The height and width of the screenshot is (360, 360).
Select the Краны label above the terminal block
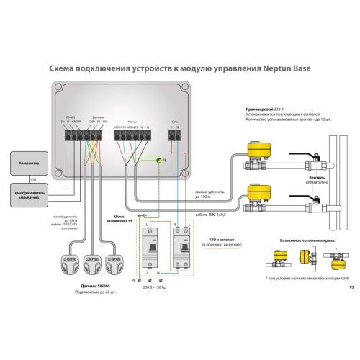tap(132, 123)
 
